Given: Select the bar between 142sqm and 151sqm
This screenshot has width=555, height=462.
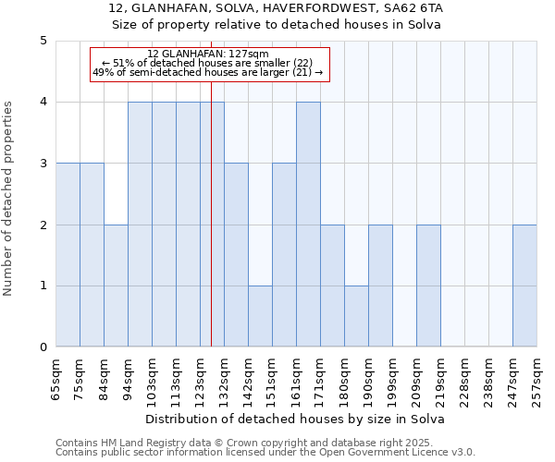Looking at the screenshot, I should (260, 316).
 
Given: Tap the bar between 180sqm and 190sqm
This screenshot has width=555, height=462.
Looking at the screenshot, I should (356, 316).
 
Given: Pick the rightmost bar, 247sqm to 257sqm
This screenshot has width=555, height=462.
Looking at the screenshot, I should (524, 286).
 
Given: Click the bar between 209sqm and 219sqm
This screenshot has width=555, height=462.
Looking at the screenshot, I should (428, 286).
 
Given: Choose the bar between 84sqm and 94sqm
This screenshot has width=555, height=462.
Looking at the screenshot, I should (116, 286).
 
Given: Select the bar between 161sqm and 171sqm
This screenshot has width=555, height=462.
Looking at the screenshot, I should (308, 225).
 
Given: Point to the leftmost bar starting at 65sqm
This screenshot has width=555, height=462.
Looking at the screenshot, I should (68, 255).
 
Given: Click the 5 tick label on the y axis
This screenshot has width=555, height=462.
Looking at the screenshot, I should (43, 41).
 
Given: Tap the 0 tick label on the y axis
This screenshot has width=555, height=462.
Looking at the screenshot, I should (43, 347).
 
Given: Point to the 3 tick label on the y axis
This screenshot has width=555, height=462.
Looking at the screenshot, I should (43, 164).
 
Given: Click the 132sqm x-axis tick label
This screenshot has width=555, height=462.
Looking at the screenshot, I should (225, 376).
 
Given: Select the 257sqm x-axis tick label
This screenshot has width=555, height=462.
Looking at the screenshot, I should (537, 376).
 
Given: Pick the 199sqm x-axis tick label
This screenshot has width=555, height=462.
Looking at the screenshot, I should (393, 376).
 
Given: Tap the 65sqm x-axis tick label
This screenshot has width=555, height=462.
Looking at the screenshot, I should (56, 376).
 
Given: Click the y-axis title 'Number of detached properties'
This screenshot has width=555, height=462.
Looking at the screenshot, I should (9, 200).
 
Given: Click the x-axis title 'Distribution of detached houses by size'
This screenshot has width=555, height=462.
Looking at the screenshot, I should (295, 419).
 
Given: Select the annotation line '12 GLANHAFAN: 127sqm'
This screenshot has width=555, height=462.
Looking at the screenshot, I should (208, 54).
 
